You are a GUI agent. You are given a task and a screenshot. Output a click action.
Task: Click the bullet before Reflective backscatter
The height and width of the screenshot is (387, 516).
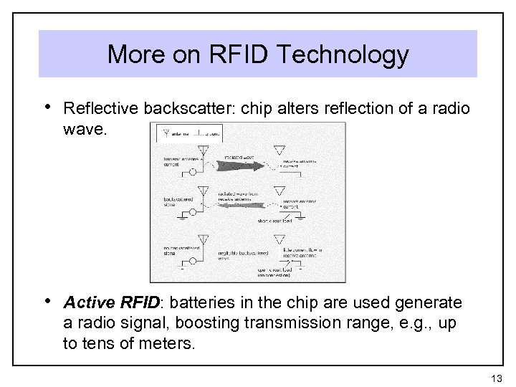(x=47, y=107)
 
